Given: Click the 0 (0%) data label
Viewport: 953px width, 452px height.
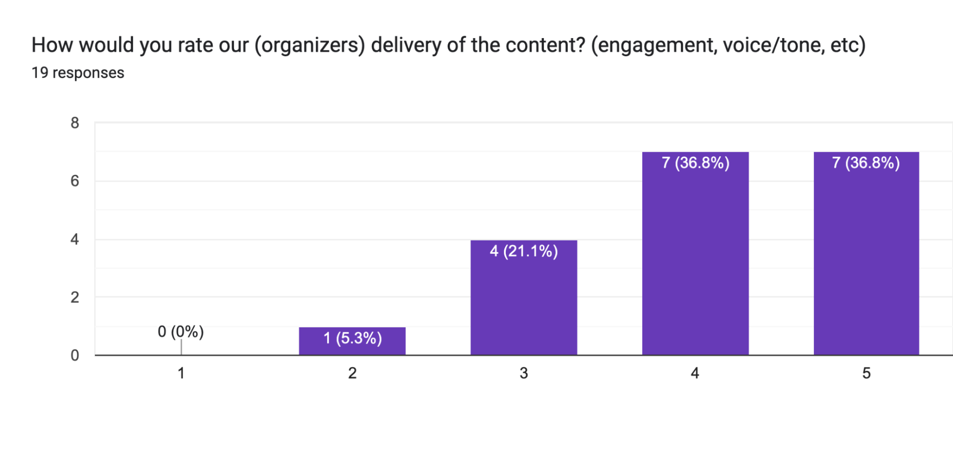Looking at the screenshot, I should [181, 331].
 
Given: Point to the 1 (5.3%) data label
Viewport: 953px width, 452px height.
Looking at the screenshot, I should [352, 338].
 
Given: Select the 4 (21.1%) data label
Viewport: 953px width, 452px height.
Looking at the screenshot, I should [523, 251].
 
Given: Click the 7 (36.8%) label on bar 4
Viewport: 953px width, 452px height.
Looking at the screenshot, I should [695, 163].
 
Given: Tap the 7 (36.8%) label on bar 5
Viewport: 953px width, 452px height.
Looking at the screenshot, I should [866, 163].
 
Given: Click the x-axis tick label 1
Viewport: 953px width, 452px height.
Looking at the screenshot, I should [181, 373].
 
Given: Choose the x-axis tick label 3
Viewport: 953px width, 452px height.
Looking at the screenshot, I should [523, 373].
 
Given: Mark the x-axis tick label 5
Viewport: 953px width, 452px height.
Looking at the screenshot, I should [866, 373].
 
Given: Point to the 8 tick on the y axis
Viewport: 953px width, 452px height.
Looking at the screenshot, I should [75, 123].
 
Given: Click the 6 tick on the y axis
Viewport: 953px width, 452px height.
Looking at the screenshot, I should [75, 181].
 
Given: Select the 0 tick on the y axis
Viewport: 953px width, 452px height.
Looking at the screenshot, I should [75, 355].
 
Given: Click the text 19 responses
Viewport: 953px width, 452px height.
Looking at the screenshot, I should [78, 73].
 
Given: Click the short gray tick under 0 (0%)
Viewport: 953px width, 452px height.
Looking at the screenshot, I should [181, 347].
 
